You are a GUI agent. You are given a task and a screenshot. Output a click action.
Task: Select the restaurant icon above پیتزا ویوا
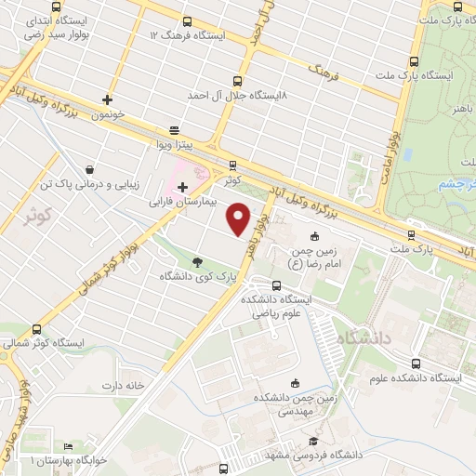[173, 131]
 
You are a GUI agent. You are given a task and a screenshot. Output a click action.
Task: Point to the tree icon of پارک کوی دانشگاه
[197, 262]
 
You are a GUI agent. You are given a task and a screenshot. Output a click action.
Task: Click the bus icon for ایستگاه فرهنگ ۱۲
[187, 21]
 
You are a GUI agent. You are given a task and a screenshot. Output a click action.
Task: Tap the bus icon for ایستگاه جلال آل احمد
[237, 81]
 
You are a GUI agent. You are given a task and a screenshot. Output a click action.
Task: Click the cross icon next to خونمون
[108, 99]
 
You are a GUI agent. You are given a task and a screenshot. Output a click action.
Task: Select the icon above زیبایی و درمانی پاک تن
[89, 170]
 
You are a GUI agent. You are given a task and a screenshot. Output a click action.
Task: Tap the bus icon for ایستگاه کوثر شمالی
[37, 329]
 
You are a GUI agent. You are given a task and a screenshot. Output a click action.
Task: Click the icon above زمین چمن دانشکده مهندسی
[296, 383]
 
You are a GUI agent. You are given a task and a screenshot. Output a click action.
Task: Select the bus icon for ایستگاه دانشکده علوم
[416, 364]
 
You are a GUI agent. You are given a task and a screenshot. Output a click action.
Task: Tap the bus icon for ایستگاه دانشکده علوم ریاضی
[276, 285]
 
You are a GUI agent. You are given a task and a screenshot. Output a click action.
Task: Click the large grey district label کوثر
[35, 217]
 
